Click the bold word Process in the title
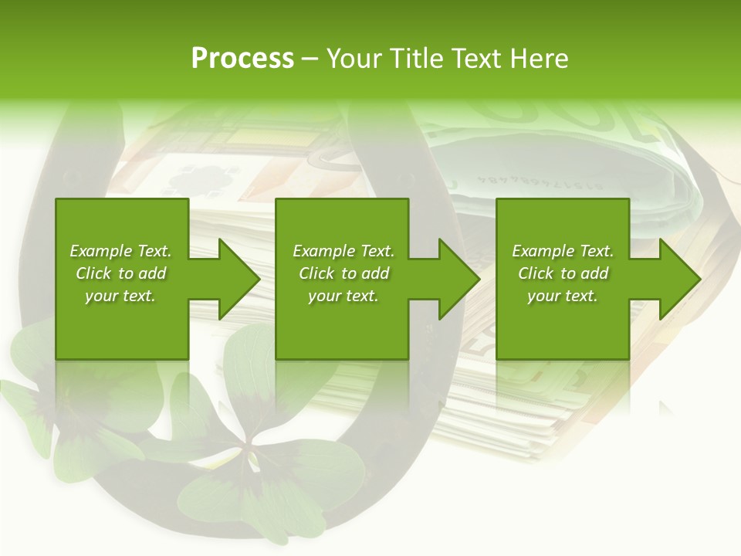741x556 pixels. (242, 59)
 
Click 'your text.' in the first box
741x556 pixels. (120, 296)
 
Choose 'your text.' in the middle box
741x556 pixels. (343, 296)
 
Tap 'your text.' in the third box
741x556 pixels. (563, 296)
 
